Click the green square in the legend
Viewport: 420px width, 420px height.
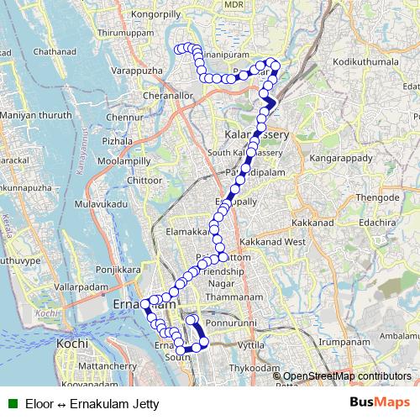pyautogui.click(x=13, y=403)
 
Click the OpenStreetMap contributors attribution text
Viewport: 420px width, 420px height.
pyautogui.click(x=347, y=375)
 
